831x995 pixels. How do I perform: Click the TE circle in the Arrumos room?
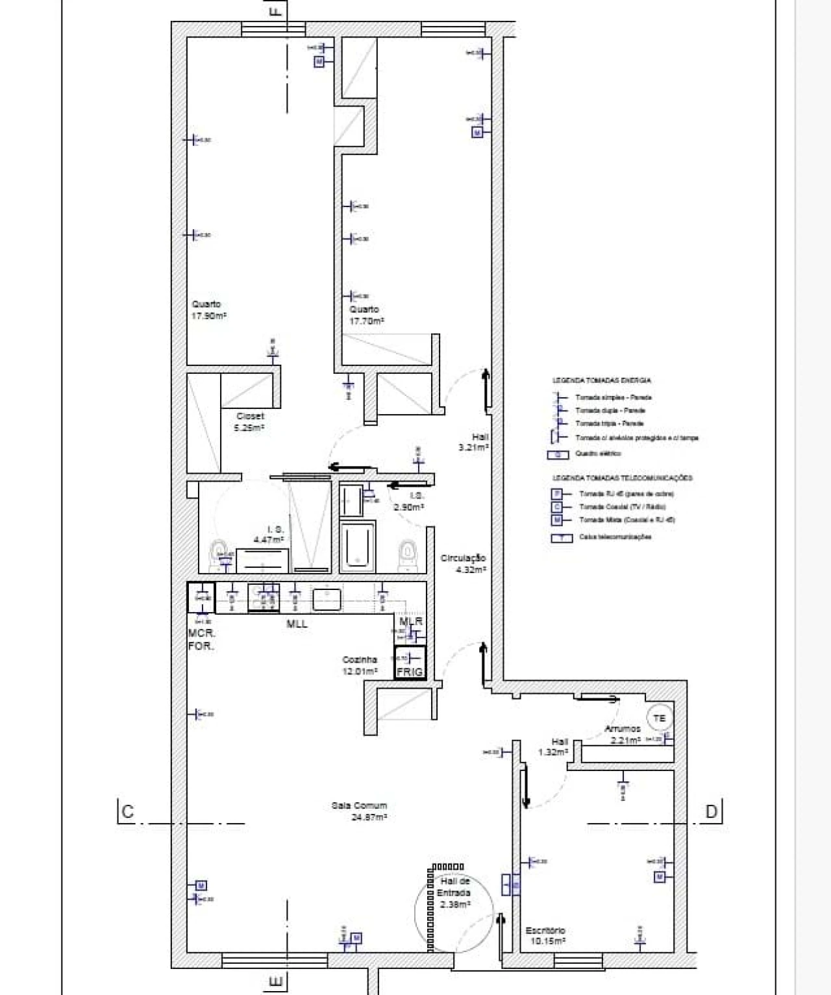coord(660,719)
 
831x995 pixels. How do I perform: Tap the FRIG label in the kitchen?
coord(410,672)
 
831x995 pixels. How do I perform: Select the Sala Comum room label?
coord(359,811)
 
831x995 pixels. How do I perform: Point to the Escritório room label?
coord(545,935)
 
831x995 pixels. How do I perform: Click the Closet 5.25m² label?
coord(249,422)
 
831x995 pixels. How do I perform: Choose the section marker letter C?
coord(127,811)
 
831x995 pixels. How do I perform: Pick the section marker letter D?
coord(712,811)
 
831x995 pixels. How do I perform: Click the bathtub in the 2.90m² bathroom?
coord(357,545)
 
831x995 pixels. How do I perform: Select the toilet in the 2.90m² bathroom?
coord(407,554)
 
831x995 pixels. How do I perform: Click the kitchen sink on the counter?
coord(327,598)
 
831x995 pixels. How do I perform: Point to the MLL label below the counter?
coord(297,624)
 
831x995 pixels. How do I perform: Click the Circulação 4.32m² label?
coord(463,563)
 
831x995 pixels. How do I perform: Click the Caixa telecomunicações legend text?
coord(615,537)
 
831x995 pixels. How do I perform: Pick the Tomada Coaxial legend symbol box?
coord(558,507)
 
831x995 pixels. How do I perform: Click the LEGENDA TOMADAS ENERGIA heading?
coord(601,380)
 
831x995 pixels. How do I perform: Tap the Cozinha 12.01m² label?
coord(360,665)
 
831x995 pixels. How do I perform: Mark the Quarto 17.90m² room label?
coord(208,310)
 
